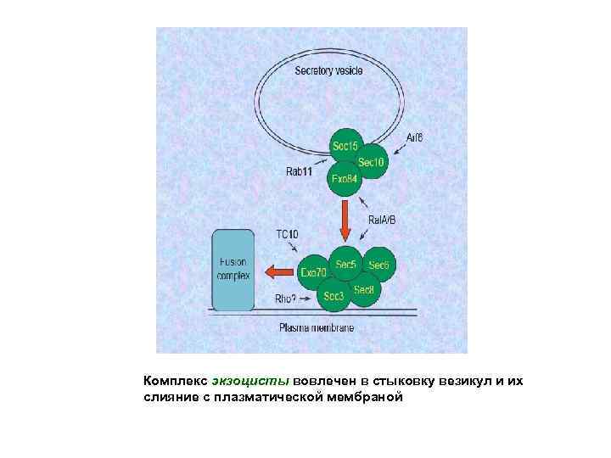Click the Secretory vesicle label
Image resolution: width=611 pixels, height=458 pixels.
point(329,70)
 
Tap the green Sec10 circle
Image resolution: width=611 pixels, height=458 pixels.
point(372,162)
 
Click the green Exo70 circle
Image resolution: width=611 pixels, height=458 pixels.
point(314,272)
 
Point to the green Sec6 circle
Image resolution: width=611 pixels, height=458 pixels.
point(378,265)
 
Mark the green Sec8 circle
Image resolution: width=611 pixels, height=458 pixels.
point(364,290)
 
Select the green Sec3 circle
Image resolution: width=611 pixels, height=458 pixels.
point(334,296)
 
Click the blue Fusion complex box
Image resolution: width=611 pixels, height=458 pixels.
point(233,270)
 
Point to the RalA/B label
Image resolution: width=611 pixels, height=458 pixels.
point(382,220)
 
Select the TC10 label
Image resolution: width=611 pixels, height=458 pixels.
point(287,233)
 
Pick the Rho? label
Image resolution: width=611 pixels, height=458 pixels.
point(285,299)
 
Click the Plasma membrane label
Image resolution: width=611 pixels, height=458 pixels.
point(317,327)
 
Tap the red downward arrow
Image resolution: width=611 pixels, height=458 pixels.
point(345,222)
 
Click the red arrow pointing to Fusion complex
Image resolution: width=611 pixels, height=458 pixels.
point(277,271)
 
